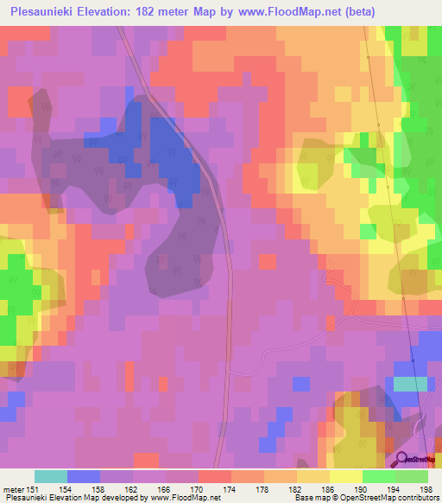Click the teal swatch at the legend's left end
pyautogui.click(x=51, y=476)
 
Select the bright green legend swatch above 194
pyautogui.click(x=379, y=476)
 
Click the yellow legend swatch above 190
pyautogui.click(x=346, y=476)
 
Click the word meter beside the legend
pyautogui.click(x=13, y=488)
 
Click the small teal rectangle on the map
pyautogui.click(x=410, y=383)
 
